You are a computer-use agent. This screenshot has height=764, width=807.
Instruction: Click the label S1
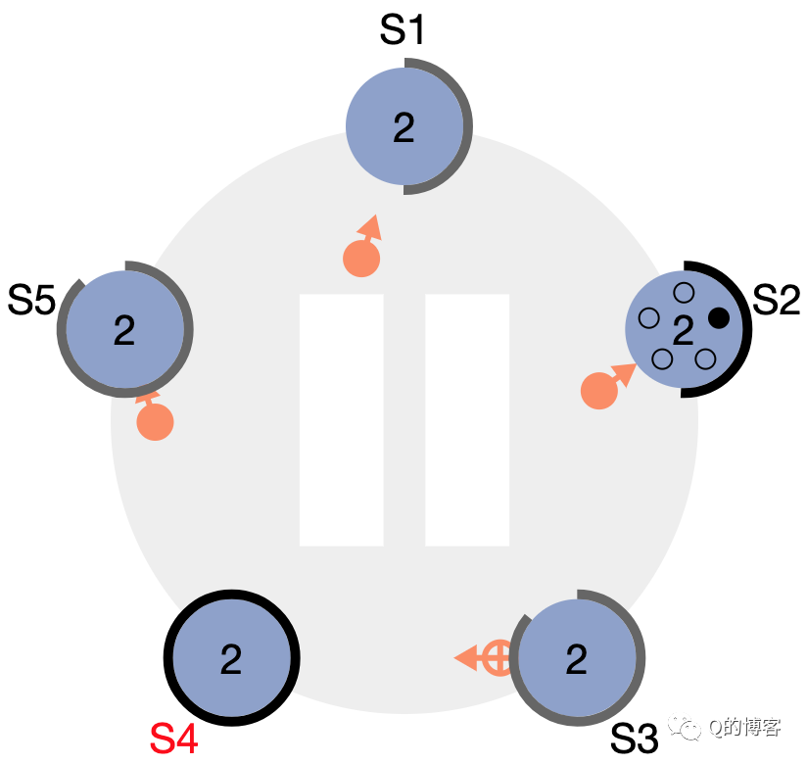pyautogui.click(x=402, y=31)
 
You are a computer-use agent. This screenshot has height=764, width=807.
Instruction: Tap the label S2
pyautogui.click(x=777, y=301)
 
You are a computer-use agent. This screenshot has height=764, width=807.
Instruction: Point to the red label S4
pyautogui.click(x=173, y=740)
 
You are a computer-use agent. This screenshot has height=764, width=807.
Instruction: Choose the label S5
pyautogui.click(x=31, y=301)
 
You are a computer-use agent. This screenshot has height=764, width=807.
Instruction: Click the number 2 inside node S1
pyautogui.click(x=403, y=127)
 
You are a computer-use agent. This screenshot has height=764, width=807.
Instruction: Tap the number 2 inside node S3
pyautogui.click(x=576, y=659)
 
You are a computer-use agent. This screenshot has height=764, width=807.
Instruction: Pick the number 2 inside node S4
pyautogui.click(x=230, y=659)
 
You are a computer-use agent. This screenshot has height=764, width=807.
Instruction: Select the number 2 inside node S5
pyautogui.click(x=123, y=331)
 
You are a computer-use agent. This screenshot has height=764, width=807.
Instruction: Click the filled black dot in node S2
pyautogui.click(x=719, y=317)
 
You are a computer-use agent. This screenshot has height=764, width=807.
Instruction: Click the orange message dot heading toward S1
pyautogui.click(x=360, y=259)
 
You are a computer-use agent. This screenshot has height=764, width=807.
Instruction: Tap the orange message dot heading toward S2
pyautogui.click(x=598, y=391)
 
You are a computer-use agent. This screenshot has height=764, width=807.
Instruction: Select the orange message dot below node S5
pyautogui.click(x=155, y=422)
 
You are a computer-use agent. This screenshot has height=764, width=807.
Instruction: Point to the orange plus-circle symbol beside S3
pyautogui.click(x=498, y=657)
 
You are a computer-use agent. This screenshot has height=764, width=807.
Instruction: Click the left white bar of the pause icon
pyautogui.click(x=341, y=419)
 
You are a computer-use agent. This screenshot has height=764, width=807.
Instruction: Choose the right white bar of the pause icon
pyautogui.click(x=467, y=419)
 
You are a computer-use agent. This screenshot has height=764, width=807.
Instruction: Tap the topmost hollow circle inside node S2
pyautogui.click(x=684, y=292)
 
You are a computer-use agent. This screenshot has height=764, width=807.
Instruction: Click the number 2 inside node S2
pyautogui.click(x=683, y=330)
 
